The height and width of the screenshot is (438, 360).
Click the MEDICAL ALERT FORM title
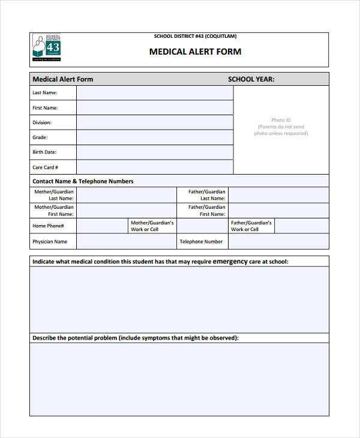[x=195, y=52]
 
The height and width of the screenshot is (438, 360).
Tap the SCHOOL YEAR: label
[x=251, y=79]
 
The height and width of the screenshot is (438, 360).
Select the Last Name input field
[x=154, y=93]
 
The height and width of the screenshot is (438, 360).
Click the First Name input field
[x=154, y=108]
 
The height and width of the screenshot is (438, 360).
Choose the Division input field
[x=154, y=122]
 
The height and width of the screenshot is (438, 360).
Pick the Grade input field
[x=154, y=137]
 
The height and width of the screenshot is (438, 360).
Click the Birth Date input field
[x=154, y=152]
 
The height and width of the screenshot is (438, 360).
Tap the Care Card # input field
[x=154, y=167]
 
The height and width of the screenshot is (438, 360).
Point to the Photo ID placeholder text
[x=281, y=127]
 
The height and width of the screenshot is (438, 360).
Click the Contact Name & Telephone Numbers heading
[x=83, y=181]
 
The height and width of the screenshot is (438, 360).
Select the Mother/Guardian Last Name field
[x=126, y=195]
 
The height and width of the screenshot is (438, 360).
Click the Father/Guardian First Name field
[x=278, y=211]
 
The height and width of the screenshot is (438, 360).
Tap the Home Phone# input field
[x=103, y=226]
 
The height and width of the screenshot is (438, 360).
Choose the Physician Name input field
[x=126, y=242]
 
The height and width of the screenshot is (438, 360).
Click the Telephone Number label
[x=201, y=242]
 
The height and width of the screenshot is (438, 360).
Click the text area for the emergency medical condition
[x=179, y=299]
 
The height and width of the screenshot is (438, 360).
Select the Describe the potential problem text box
[x=179, y=379]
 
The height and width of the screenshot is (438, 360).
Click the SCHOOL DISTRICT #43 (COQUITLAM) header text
[x=195, y=37]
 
